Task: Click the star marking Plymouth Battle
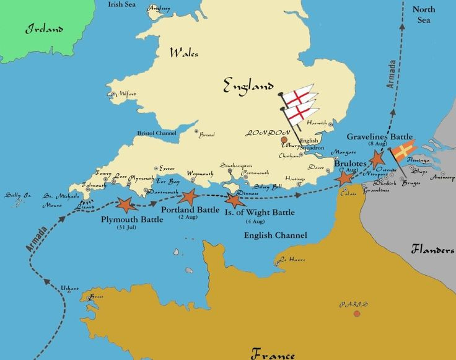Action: point(127,204)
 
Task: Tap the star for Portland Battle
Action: point(188,197)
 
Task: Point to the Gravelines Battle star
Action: point(377,158)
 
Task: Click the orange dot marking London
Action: point(284,140)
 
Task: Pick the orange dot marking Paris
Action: point(357,314)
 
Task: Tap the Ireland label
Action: point(44,29)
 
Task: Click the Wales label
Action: point(184,53)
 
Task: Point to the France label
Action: point(273,354)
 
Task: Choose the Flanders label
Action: point(433,250)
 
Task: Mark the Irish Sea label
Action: point(121,4)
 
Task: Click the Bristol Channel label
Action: point(157,133)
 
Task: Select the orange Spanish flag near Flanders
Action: point(403,149)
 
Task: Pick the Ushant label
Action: point(69,288)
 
